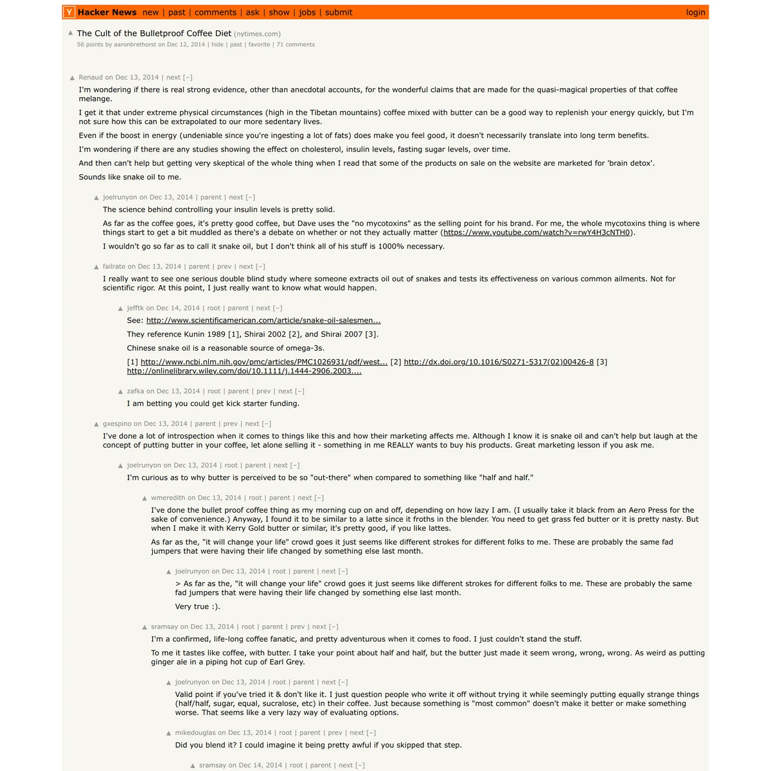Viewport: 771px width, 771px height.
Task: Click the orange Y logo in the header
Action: click(69, 12)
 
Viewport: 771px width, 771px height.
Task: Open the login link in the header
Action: click(695, 12)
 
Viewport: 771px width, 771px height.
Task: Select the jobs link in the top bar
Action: click(307, 12)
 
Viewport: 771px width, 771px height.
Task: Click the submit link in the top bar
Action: click(339, 12)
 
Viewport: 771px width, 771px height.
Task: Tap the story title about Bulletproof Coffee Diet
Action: click(154, 33)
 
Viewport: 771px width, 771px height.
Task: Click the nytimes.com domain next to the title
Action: click(257, 34)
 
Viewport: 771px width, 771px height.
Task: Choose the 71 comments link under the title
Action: click(296, 45)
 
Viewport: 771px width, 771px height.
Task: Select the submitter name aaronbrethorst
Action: click(135, 45)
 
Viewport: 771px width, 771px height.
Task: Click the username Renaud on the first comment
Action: click(91, 77)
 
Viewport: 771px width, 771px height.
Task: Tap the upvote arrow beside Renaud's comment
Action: click(73, 78)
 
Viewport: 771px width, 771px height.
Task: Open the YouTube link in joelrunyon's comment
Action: click(536, 233)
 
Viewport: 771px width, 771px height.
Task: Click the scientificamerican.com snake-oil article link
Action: click(263, 321)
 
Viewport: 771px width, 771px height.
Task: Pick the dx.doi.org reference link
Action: click(499, 362)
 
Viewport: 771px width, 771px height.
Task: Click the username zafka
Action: click(136, 391)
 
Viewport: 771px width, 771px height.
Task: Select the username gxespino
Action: click(117, 424)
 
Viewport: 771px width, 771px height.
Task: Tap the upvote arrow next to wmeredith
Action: click(145, 498)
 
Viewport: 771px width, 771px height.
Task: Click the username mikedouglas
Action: click(195, 732)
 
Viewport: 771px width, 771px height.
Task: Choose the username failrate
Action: click(114, 267)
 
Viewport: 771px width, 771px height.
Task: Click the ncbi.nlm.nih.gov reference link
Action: click(264, 362)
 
